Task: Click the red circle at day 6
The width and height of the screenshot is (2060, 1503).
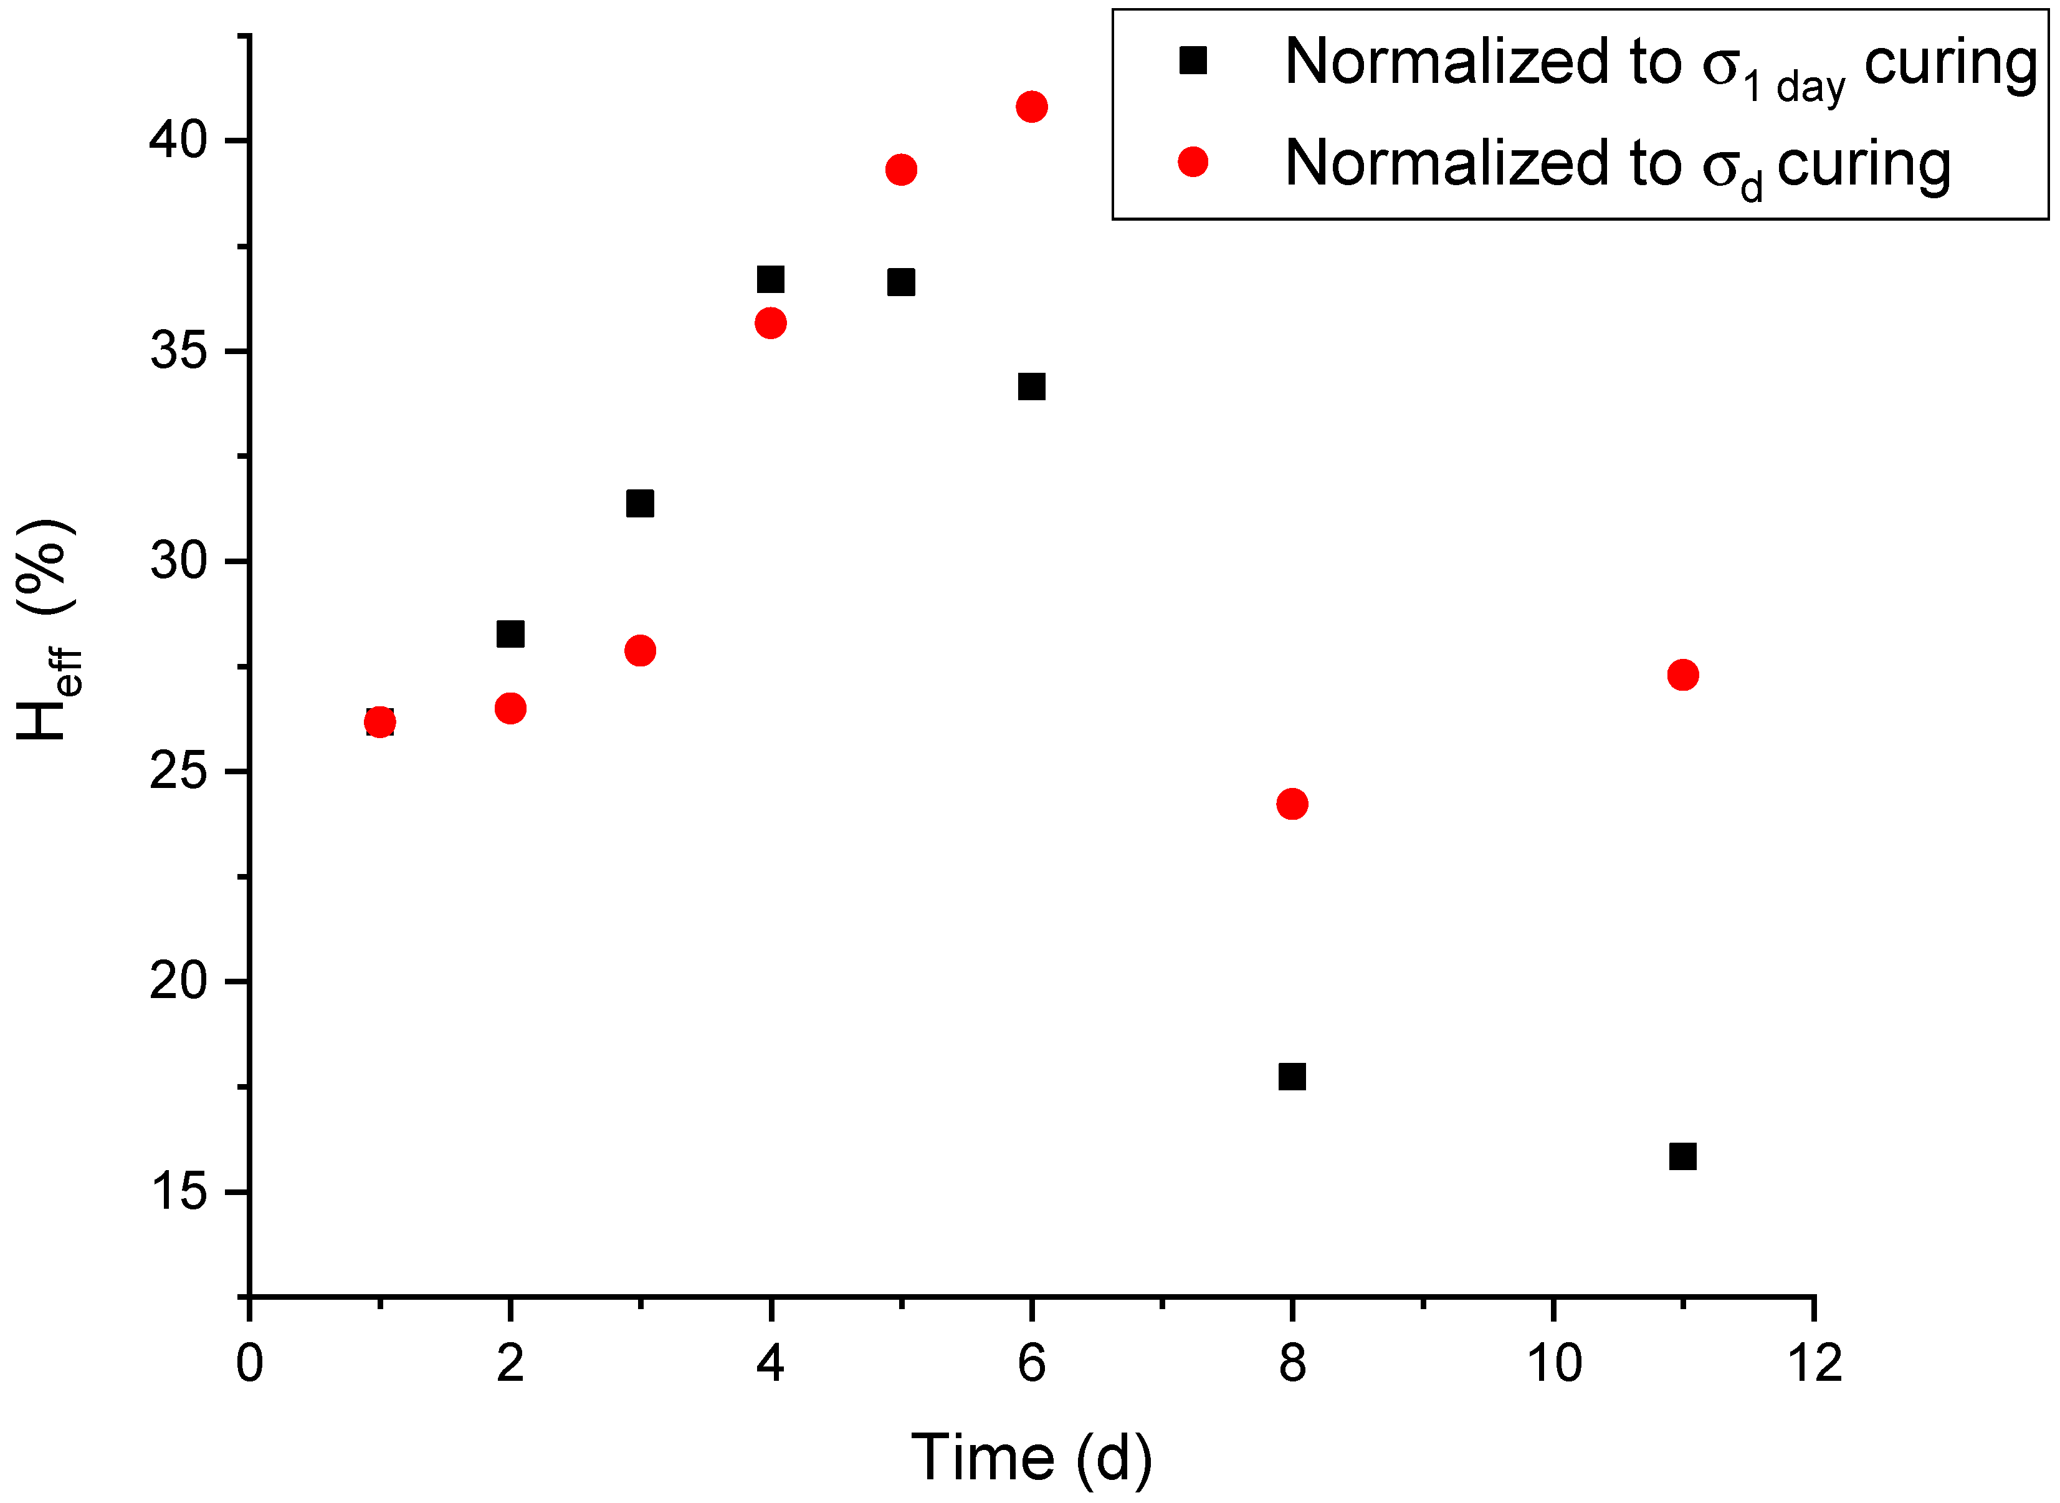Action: tap(1031, 107)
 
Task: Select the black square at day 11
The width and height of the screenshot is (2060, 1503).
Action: tap(1682, 1156)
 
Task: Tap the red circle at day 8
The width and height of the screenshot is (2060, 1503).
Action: tap(1292, 804)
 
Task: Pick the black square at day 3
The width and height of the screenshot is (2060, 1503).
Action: tap(641, 503)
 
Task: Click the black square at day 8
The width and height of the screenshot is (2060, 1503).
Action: tap(1292, 1077)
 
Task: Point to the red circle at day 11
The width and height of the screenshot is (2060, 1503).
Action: tap(1682, 675)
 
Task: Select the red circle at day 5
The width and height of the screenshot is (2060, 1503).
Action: tap(901, 169)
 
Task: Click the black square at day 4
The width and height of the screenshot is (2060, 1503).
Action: tap(770, 279)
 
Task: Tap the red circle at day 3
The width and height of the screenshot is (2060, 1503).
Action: tap(641, 651)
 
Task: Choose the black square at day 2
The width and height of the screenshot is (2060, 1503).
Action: tap(510, 633)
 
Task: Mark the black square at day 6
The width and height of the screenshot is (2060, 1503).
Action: tap(1031, 387)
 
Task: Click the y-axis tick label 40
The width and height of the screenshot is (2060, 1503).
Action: tap(179, 141)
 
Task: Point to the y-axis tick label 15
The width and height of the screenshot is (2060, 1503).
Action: tap(179, 1192)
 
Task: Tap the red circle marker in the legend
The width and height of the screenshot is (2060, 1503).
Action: tap(1193, 162)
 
